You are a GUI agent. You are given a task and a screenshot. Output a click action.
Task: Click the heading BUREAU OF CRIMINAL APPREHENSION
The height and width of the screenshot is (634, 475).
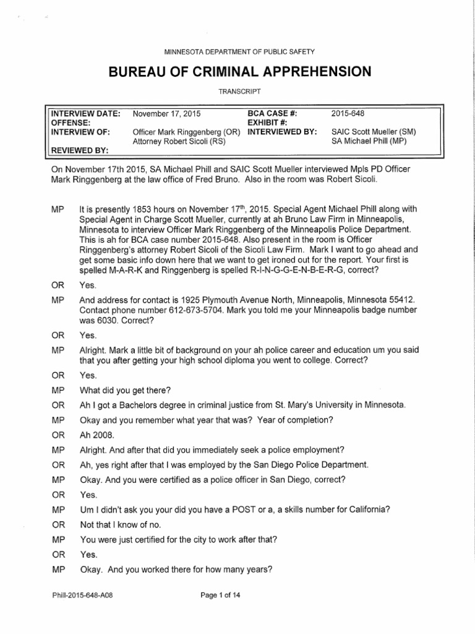(x=239, y=72)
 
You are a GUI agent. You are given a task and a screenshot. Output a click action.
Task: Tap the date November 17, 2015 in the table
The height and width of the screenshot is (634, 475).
(x=167, y=114)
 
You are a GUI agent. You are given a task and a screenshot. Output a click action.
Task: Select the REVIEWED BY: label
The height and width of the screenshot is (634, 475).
(x=80, y=150)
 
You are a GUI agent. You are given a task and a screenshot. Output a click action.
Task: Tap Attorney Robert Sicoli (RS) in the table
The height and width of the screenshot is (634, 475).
(x=176, y=141)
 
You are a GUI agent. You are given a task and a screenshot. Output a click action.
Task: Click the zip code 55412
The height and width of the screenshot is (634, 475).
(x=401, y=299)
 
